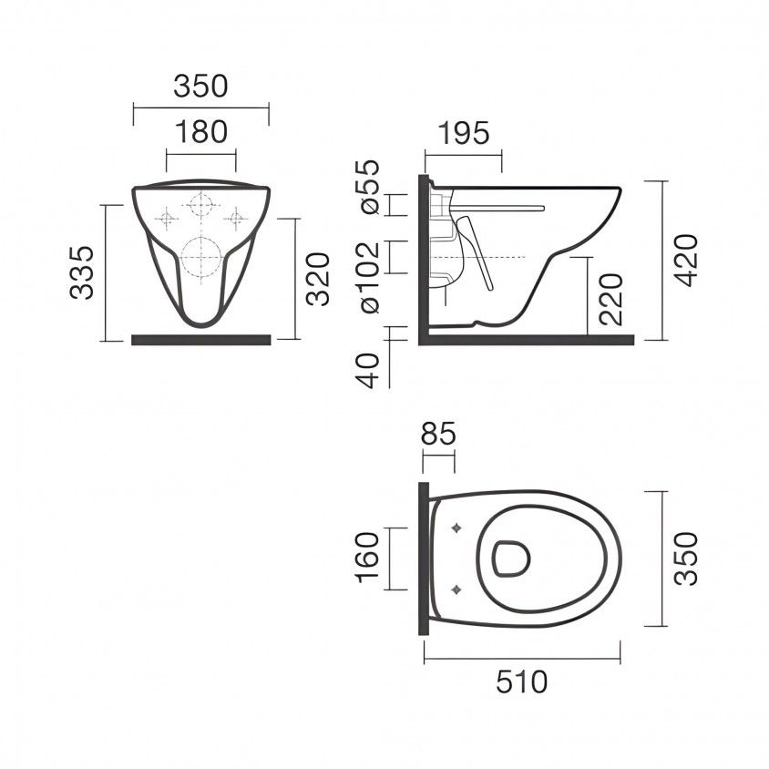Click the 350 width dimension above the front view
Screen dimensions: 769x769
(x=200, y=87)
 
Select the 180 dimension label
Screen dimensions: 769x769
(x=200, y=132)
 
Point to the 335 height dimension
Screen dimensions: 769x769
(x=84, y=272)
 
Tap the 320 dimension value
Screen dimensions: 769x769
(x=317, y=278)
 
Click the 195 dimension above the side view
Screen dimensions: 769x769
(x=463, y=132)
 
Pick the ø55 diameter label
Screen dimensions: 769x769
(x=370, y=189)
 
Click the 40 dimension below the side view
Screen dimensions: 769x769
(x=370, y=371)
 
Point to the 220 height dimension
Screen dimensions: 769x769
(x=611, y=299)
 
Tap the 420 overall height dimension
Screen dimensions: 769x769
(x=688, y=260)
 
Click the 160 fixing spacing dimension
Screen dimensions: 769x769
(x=370, y=558)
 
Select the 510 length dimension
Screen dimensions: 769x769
(x=522, y=681)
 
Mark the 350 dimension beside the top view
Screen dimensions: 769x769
(x=688, y=558)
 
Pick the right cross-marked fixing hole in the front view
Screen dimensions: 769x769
(x=235, y=218)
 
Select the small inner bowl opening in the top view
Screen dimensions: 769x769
(x=510, y=559)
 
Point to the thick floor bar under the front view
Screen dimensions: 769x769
(x=200, y=340)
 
